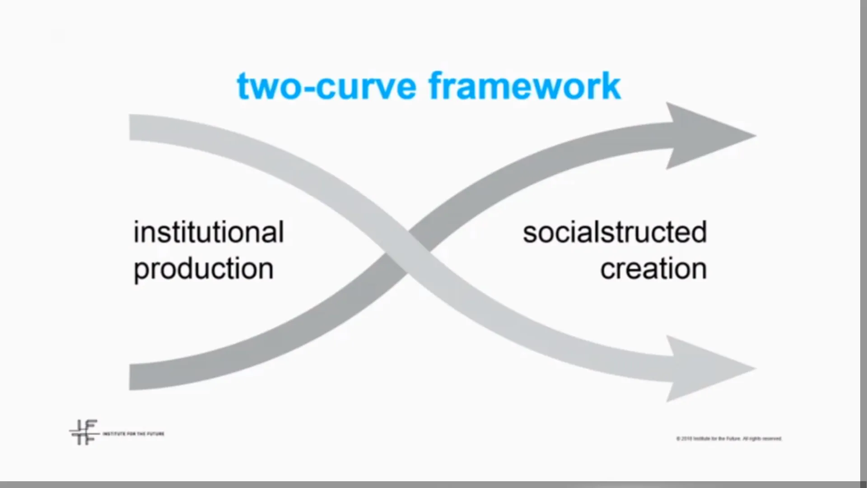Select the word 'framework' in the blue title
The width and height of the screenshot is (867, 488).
(525, 86)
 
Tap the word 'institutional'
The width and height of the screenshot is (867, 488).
(209, 232)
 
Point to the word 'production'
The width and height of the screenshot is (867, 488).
(204, 269)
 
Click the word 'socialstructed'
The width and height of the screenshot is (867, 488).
(615, 232)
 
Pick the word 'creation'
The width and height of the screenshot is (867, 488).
(653, 269)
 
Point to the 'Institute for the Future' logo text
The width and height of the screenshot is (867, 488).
(134, 434)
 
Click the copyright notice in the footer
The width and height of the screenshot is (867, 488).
(729, 438)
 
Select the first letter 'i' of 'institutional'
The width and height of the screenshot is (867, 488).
(137, 232)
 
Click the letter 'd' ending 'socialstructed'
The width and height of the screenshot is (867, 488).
(698, 232)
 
